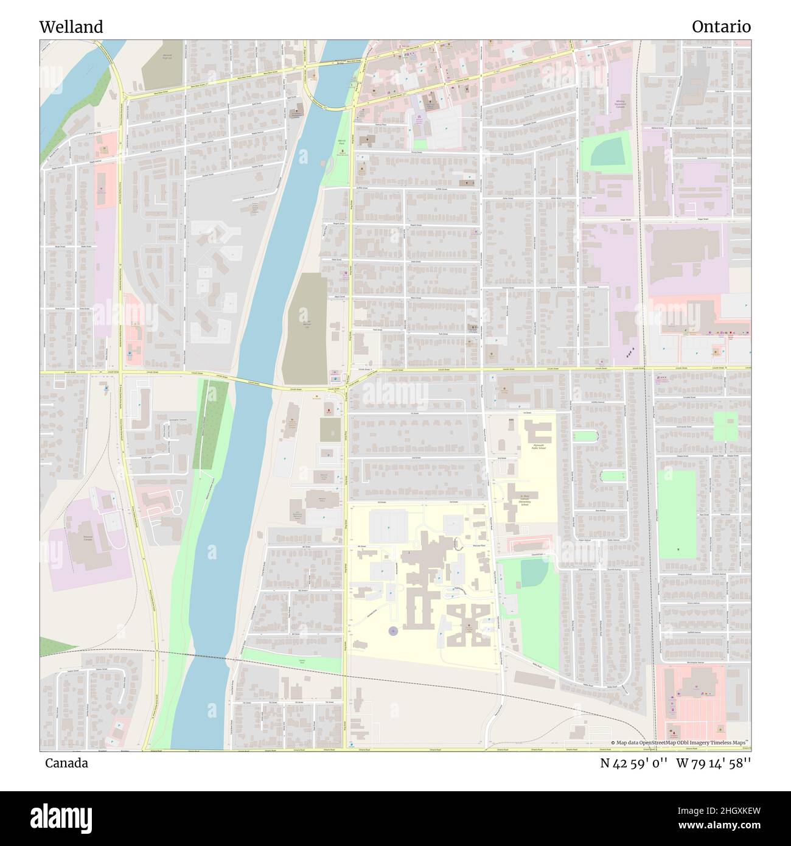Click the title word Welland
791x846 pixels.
pos(71,27)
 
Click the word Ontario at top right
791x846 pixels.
pos(721,27)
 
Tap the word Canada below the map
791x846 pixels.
pos(66,763)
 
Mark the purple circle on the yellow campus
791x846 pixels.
pos(392,631)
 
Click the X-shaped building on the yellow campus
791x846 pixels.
pos(469,625)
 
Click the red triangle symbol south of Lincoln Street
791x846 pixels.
pos(329,411)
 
